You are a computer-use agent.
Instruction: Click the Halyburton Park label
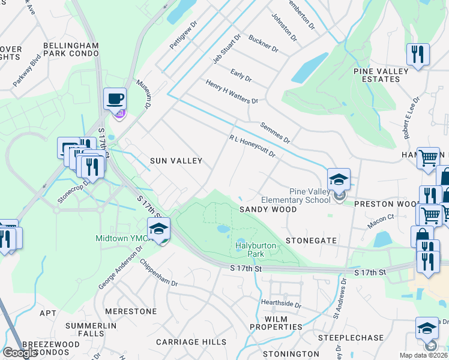tap(249, 250)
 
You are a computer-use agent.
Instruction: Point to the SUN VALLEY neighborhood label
tap(176, 161)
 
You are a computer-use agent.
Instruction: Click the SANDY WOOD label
tap(268, 209)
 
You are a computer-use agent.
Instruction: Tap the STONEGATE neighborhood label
tap(311, 240)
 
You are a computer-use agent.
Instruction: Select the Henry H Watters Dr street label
tap(231, 92)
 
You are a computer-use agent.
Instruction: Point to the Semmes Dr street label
tap(275, 133)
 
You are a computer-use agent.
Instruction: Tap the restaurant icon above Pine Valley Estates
tap(417, 55)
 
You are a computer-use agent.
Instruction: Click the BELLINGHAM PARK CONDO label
tap(71, 49)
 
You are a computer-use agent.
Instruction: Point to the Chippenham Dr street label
tap(158, 273)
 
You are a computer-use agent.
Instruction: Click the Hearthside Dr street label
tap(281, 304)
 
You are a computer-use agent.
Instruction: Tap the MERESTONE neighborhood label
tap(130, 311)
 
